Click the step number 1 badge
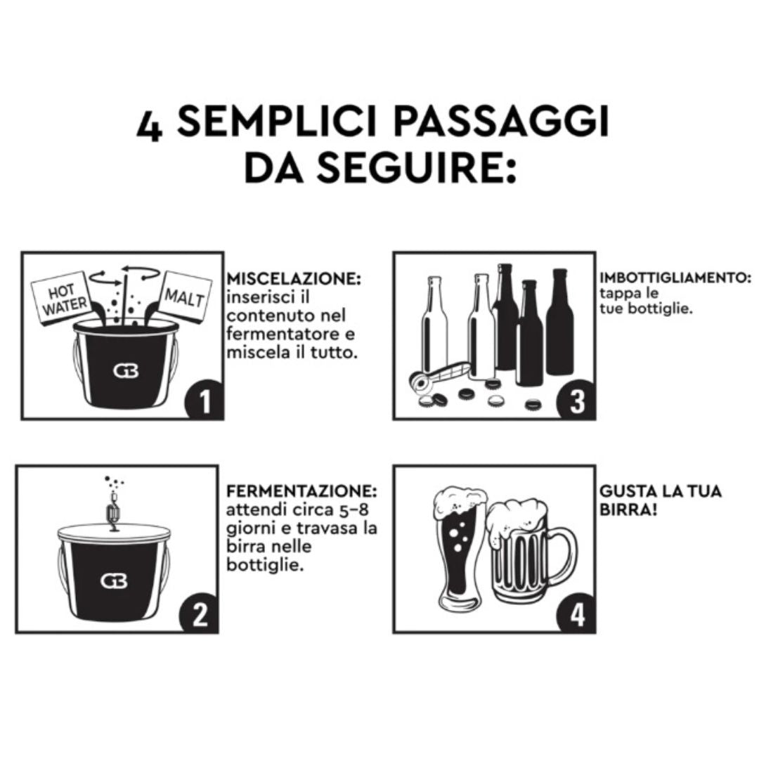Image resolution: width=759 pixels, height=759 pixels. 203,401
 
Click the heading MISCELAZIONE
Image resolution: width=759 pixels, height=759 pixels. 293,280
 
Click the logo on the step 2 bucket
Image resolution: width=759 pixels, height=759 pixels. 114,580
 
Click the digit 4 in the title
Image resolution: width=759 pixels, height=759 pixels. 150,126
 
